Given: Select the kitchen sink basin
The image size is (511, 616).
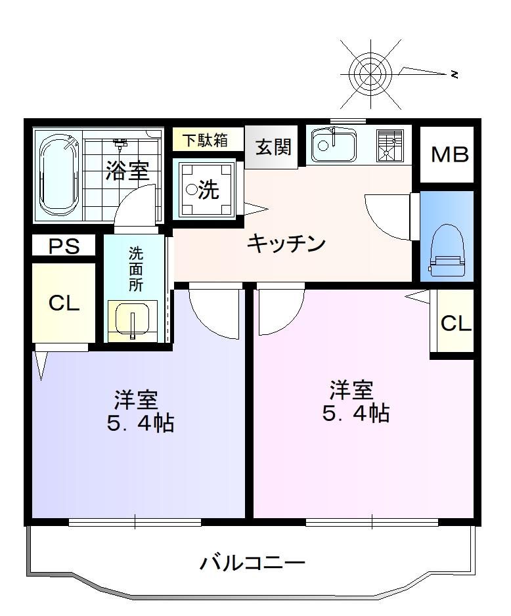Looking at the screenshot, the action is click(x=334, y=145).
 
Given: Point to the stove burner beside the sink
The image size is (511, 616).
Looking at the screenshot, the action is click(x=389, y=146).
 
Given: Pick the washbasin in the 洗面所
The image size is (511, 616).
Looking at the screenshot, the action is click(x=133, y=320).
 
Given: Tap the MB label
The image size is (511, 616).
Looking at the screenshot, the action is click(x=450, y=155).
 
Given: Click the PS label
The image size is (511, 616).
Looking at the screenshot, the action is click(x=64, y=246).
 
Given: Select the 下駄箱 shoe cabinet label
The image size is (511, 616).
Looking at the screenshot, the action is click(x=206, y=140).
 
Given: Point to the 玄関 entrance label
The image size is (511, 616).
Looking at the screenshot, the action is click(x=274, y=147).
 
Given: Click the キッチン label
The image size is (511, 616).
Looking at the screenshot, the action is click(x=286, y=243).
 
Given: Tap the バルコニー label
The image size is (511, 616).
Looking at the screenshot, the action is click(x=253, y=563).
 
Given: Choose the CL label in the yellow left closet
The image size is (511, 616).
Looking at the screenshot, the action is click(x=64, y=303).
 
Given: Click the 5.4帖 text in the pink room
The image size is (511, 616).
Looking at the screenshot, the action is click(x=356, y=413).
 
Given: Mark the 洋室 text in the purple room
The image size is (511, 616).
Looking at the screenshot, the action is click(x=136, y=399).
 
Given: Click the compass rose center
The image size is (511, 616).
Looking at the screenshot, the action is click(x=370, y=74).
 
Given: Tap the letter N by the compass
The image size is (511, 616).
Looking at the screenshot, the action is click(x=455, y=74).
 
